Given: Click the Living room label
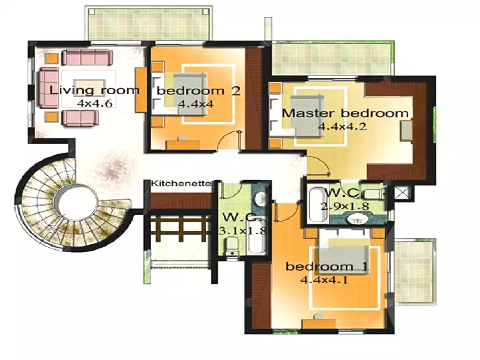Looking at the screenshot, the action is coord(94,91).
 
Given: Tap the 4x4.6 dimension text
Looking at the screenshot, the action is coord(95,103).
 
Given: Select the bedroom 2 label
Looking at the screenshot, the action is coord(199,91).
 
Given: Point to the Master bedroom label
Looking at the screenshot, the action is coord(345,113).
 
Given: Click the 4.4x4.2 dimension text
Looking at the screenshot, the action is coord(342,127).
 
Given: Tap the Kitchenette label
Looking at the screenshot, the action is coord(181,184).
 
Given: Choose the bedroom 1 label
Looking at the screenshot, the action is coord(326,266).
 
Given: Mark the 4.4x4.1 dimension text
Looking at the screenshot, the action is coord(324,280).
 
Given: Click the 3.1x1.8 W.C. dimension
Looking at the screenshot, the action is coord(243,230).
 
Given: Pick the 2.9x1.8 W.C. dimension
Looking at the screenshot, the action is coord(344,206).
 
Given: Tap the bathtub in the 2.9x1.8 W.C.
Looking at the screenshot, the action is coord(318,205).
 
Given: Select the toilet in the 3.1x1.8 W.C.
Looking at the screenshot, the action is coord(232,247).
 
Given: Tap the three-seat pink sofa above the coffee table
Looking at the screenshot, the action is coord(87,57).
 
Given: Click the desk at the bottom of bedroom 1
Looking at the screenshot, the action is coord(319,324).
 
